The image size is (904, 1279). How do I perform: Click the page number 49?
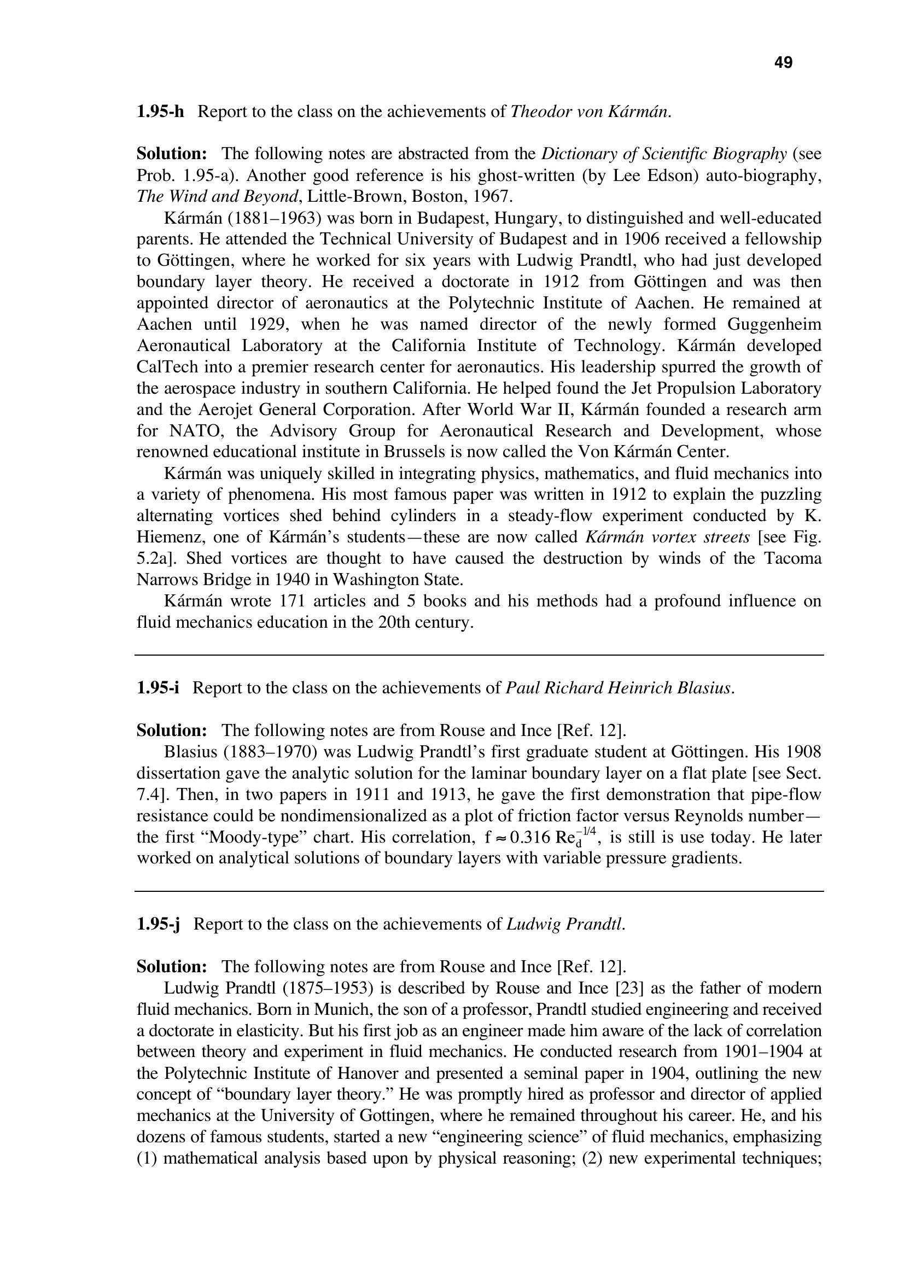pyautogui.click(x=783, y=63)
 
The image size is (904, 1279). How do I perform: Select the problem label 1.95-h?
pyautogui.click(x=160, y=112)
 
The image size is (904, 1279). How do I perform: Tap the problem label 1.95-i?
pyautogui.click(x=158, y=688)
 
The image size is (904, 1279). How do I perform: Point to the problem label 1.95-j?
pyautogui.click(x=158, y=924)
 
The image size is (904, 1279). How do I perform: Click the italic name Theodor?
pyautogui.click(x=536, y=112)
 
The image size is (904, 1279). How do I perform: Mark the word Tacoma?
pyautogui.click(x=791, y=559)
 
